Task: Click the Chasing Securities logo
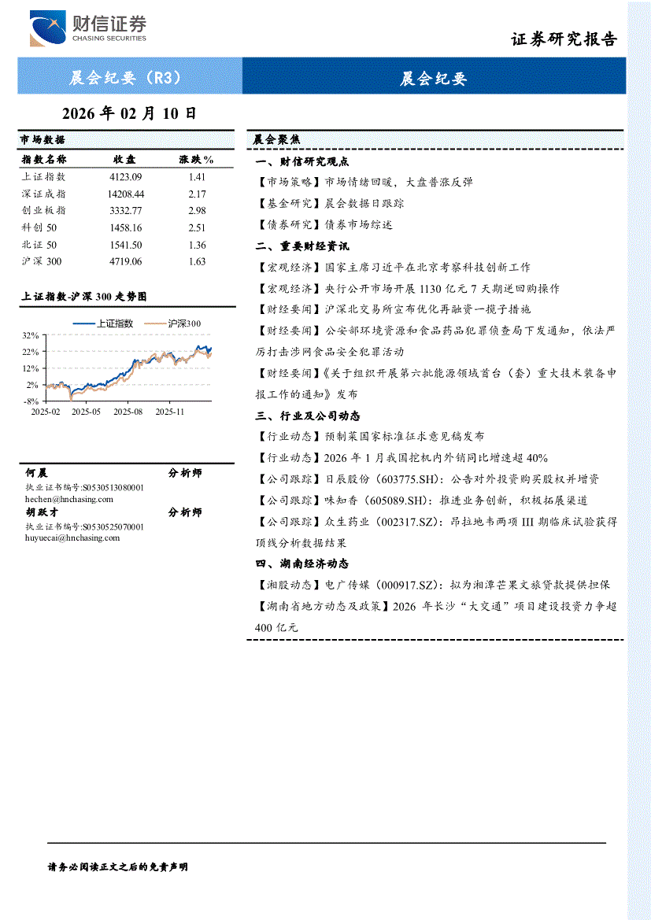tap(88, 28)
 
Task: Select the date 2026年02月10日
tap(128, 113)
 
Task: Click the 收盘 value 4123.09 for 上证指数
tap(126, 178)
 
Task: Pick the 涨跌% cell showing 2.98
tap(197, 211)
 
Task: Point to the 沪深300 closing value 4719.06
tap(126, 261)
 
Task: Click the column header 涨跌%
tap(197, 160)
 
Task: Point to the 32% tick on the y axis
tap(31, 334)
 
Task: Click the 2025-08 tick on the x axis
tap(128, 411)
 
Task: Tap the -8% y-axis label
tap(31, 401)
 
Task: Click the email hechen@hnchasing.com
tap(69, 499)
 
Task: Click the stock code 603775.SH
tap(400, 478)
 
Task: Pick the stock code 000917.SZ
tap(409, 586)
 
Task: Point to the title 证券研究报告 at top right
tap(564, 39)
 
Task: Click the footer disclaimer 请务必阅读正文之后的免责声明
tap(118, 866)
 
